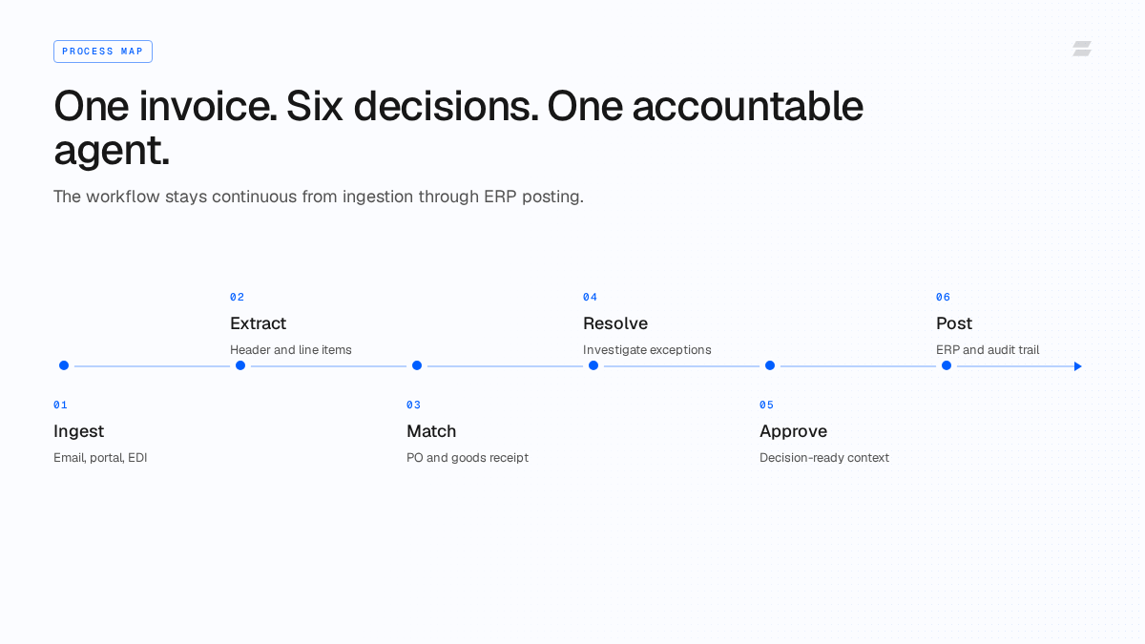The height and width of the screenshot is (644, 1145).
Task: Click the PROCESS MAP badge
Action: point(103,52)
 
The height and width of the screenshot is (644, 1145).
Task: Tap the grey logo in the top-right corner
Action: point(1082,49)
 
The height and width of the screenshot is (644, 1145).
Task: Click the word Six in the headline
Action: point(314,106)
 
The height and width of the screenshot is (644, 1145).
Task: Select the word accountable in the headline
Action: point(748,106)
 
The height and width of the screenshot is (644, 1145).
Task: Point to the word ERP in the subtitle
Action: point(500,197)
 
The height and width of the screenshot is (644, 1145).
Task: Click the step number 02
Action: point(238,297)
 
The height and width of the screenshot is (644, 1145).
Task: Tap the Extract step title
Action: point(259,323)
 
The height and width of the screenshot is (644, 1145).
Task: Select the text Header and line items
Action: point(291,350)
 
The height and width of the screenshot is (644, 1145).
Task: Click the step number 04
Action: point(590,297)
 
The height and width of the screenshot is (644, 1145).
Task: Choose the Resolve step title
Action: point(615,323)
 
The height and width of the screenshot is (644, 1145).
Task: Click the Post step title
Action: point(954,323)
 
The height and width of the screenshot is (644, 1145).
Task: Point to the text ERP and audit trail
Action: point(988,350)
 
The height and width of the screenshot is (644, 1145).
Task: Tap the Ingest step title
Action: point(78,431)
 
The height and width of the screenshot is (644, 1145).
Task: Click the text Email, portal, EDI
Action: point(100,458)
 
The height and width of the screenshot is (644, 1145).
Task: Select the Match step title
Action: point(431,431)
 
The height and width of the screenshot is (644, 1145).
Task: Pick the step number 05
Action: point(767,405)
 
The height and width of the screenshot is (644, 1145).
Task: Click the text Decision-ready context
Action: point(824,458)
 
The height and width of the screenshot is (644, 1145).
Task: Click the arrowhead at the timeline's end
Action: point(1078,366)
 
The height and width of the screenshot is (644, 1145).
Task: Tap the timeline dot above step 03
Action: point(417,365)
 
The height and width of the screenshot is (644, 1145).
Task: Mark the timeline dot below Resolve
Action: point(593,365)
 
